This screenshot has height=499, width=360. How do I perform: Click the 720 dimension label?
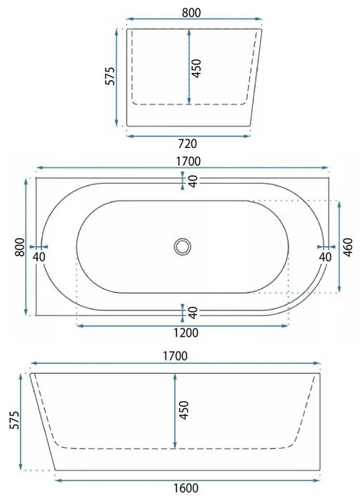[187, 144]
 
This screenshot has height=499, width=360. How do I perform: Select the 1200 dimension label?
[186, 333]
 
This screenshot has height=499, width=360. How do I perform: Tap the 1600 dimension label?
[186, 488]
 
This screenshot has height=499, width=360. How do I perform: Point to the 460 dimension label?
[349, 247]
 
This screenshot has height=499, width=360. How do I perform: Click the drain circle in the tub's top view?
[183, 247]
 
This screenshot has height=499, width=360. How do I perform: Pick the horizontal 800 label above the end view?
[191, 13]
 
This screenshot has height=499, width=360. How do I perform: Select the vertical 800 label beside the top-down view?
[20, 247]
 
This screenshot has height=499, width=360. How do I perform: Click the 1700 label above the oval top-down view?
[189, 162]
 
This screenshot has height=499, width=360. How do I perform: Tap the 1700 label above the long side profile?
[175, 356]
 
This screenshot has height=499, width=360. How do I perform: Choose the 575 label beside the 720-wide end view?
[110, 76]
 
